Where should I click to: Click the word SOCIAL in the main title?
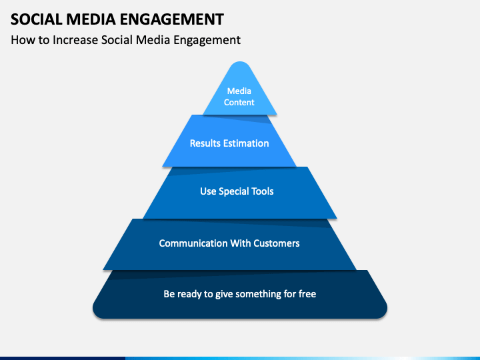point(37,19)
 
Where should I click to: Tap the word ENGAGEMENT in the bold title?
point(172,19)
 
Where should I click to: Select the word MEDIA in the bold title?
point(91,19)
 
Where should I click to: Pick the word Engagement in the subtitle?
point(207,41)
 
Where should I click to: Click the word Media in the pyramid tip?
point(239,91)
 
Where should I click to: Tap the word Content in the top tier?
point(239,102)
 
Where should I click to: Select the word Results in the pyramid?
point(205,143)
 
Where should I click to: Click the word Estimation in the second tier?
point(246,143)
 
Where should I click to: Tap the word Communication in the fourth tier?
point(193,243)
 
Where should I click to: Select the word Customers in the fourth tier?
point(277,243)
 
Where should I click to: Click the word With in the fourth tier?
point(240,243)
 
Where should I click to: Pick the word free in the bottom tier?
point(307,294)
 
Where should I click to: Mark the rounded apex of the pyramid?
point(240,62)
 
